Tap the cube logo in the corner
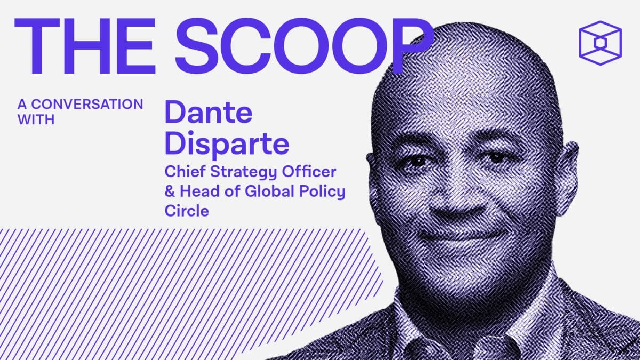(599, 43)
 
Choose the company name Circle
(186, 211)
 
